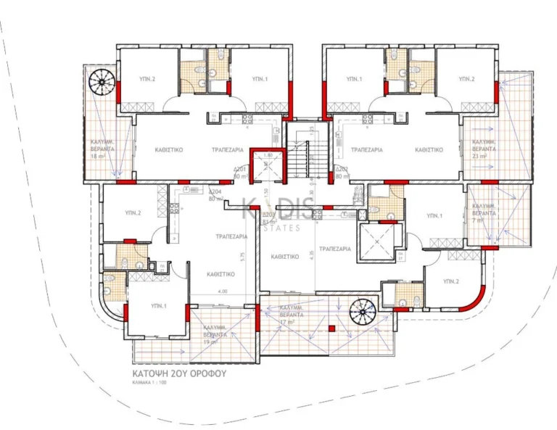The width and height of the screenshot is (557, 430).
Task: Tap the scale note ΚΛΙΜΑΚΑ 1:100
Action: click(149, 386)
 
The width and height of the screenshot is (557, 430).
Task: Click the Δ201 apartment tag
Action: click(241, 172)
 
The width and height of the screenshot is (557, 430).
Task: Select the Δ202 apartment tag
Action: click(343, 172)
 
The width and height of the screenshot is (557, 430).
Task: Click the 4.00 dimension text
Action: click(222, 292)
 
